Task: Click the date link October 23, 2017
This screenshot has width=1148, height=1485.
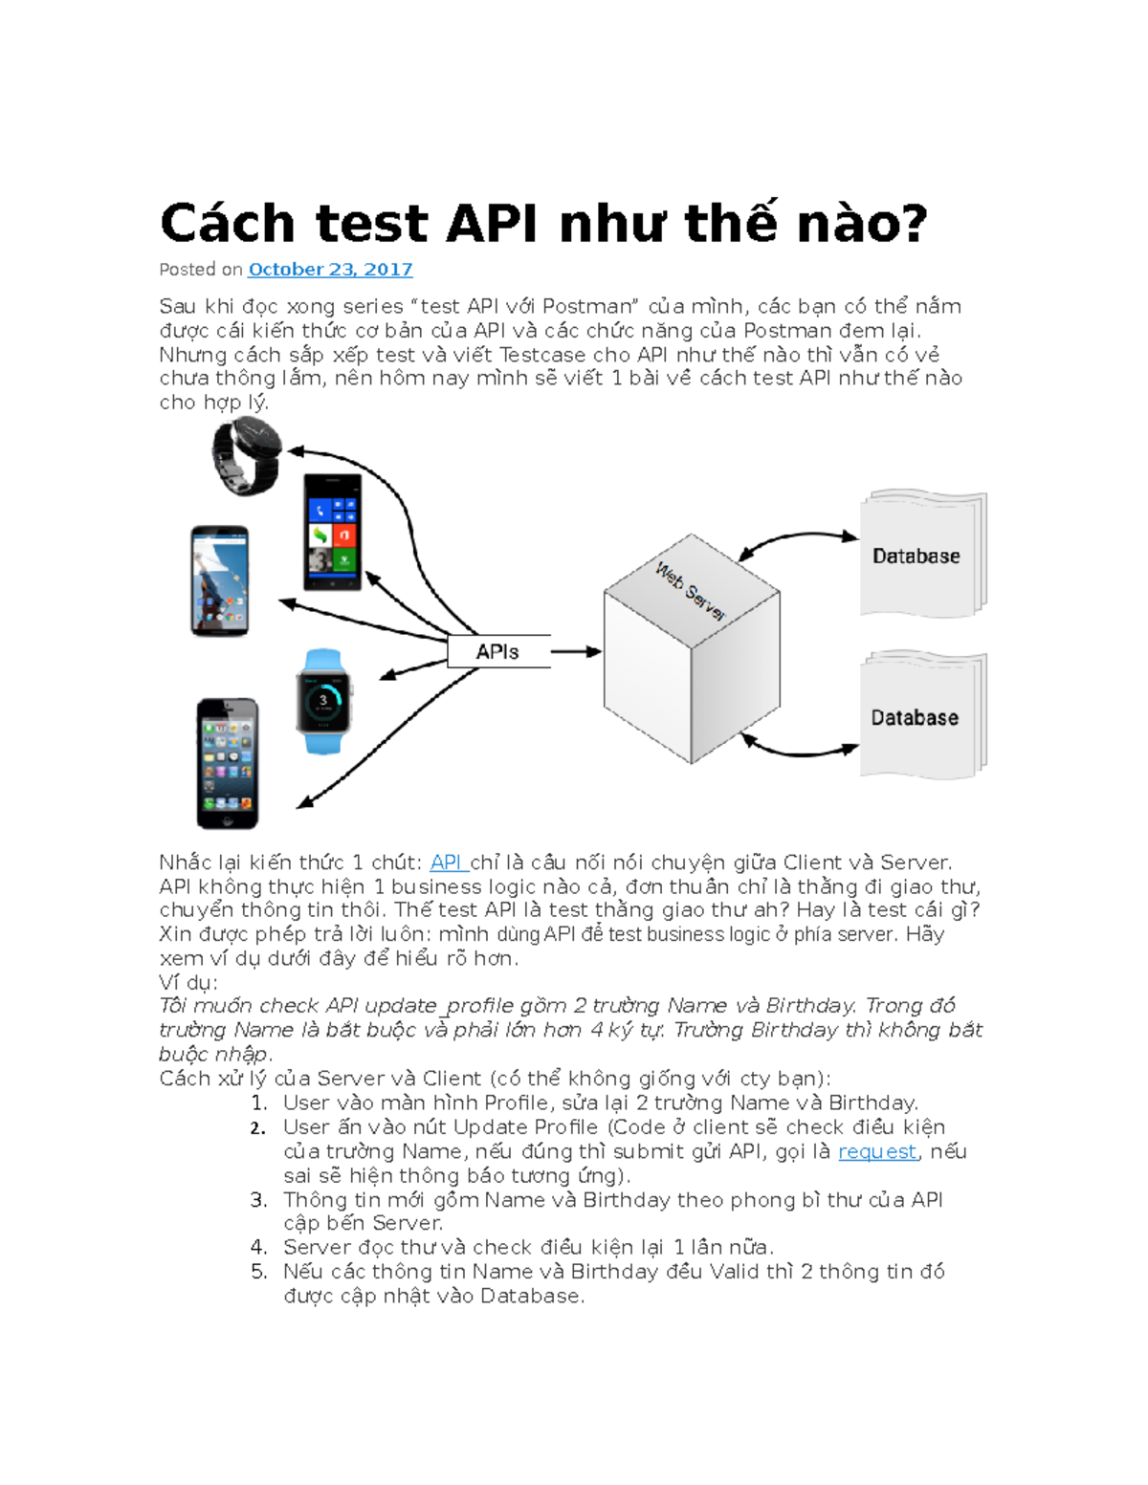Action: tap(330, 270)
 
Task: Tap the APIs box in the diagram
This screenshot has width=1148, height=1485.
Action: tap(498, 651)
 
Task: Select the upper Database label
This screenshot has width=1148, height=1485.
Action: tap(916, 556)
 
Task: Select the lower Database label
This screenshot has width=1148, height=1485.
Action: tap(914, 717)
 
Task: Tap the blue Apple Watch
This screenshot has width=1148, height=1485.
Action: tap(323, 702)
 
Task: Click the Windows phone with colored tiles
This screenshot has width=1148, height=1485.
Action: tap(332, 532)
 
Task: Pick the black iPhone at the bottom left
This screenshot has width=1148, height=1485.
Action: tap(228, 763)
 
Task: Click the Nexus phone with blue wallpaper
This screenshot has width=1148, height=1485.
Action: tap(220, 579)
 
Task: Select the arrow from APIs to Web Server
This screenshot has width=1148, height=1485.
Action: tap(576, 651)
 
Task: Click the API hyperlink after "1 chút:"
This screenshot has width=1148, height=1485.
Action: tap(446, 863)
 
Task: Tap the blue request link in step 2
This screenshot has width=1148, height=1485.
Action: tap(876, 1151)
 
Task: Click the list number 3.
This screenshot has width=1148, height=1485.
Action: tap(258, 1200)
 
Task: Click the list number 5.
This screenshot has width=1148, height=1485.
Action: tap(258, 1272)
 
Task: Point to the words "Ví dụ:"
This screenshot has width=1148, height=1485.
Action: tap(188, 982)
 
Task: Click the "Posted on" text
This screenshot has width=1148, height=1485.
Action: tap(201, 270)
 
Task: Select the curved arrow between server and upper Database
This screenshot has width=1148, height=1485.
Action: tap(799, 538)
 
